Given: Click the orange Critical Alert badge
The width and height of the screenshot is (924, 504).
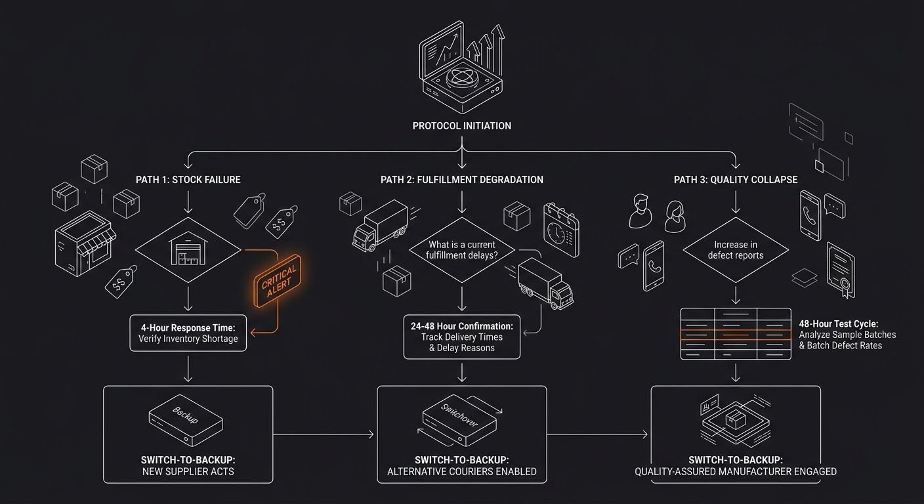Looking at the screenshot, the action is click(x=277, y=281).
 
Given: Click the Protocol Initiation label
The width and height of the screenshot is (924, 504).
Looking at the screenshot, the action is click(x=461, y=126).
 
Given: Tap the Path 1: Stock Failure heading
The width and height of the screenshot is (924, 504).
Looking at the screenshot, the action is click(x=188, y=180).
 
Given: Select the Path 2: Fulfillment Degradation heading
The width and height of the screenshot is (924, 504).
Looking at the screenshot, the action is click(x=461, y=180).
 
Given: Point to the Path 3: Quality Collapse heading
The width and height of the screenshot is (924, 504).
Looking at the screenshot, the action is click(x=736, y=180).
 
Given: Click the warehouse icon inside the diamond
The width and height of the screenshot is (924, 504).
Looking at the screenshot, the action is click(x=188, y=248).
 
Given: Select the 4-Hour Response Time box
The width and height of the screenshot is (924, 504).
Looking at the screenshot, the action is click(x=188, y=333).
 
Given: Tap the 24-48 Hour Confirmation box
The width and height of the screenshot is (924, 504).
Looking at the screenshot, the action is click(x=461, y=337).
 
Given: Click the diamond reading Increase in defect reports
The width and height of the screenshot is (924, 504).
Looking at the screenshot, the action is click(x=736, y=250).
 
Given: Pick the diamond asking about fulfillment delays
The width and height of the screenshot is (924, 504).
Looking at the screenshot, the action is click(x=461, y=250).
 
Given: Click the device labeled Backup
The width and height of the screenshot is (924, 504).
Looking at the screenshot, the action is click(x=186, y=420).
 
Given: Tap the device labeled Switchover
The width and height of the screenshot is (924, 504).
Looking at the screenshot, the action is click(x=459, y=420).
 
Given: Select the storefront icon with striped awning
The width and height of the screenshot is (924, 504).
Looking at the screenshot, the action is click(x=85, y=243).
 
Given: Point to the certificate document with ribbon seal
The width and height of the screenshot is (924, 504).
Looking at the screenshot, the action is click(x=841, y=270).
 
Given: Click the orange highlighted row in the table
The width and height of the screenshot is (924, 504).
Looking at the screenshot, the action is click(x=736, y=335).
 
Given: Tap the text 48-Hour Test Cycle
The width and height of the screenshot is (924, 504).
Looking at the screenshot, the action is click(x=839, y=324).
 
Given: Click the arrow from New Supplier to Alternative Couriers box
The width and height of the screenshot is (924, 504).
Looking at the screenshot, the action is click(x=324, y=434).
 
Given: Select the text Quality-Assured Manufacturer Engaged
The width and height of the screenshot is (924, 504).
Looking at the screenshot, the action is click(x=736, y=471).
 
